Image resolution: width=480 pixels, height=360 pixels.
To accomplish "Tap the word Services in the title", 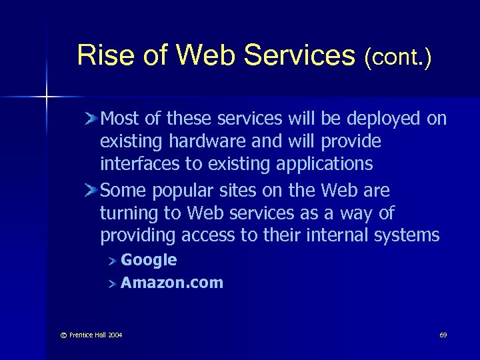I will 300,55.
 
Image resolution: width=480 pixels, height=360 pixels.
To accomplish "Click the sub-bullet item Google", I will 149,260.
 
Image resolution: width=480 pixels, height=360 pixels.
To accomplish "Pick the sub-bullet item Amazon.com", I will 172,283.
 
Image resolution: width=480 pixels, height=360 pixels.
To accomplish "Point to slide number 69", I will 443,334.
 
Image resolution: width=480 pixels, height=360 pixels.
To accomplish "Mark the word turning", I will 127,214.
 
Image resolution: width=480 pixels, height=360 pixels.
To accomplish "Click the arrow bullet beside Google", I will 113,261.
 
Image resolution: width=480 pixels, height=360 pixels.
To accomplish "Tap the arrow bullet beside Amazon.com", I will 113,283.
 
